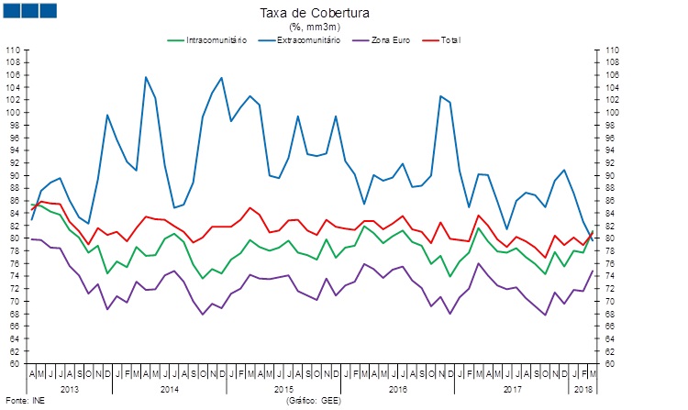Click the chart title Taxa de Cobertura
(339, 12)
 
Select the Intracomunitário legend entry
(215, 40)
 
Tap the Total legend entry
(450, 40)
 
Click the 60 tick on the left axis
(16, 363)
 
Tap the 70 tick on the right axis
(611, 301)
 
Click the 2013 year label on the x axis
(71, 389)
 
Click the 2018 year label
(582, 389)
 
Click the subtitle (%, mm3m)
(339, 27)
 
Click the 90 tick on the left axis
(16, 175)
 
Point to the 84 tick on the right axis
(611, 213)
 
